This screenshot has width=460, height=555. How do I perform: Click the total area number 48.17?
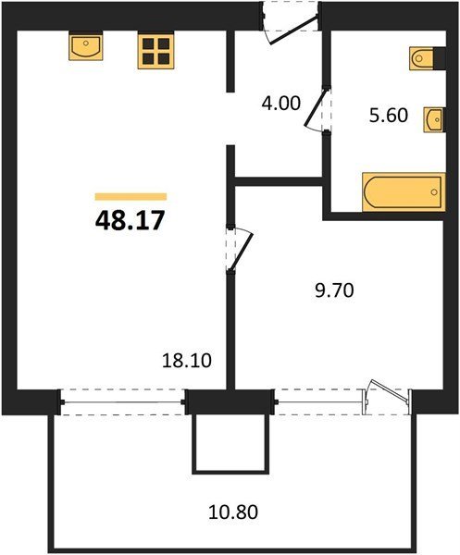point(130,220)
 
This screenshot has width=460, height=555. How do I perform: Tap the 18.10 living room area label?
point(187,361)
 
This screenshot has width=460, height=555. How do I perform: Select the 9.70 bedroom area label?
point(334,291)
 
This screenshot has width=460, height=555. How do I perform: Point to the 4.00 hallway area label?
point(280,104)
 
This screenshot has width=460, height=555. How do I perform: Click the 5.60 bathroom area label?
point(389,116)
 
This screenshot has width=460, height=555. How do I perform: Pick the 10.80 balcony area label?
point(232,512)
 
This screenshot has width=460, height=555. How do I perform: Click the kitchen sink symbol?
point(86,45)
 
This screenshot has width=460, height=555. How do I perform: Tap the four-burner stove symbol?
point(156,51)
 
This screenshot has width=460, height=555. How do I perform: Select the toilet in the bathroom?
point(422,58)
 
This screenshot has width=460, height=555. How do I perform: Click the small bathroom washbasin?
point(434,119)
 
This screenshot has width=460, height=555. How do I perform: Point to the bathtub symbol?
point(404,191)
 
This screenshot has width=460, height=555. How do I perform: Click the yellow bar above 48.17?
point(131,196)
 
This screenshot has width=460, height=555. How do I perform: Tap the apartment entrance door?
point(292,30)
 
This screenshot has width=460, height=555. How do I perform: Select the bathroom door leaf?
point(316,107)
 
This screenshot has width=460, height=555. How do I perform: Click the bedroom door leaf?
point(242,252)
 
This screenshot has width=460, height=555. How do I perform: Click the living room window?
point(122,402)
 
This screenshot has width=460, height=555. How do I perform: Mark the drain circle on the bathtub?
point(434,192)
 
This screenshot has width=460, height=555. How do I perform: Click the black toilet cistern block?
point(440,58)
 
